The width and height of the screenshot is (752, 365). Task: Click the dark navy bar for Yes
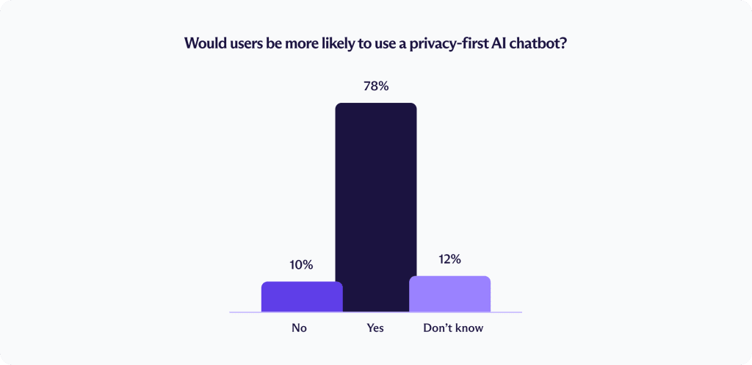[x=376, y=207]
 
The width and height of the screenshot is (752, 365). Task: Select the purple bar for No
[x=302, y=297]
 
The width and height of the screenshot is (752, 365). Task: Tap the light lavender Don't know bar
[x=450, y=294]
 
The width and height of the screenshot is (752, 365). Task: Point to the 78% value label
[x=376, y=87]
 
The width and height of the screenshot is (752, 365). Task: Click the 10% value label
[x=302, y=265]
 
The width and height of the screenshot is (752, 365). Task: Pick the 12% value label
[x=450, y=259]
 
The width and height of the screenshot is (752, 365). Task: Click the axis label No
[x=300, y=328]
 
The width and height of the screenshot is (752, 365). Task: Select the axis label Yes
[x=375, y=328]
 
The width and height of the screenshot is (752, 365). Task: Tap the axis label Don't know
[x=453, y=328]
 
